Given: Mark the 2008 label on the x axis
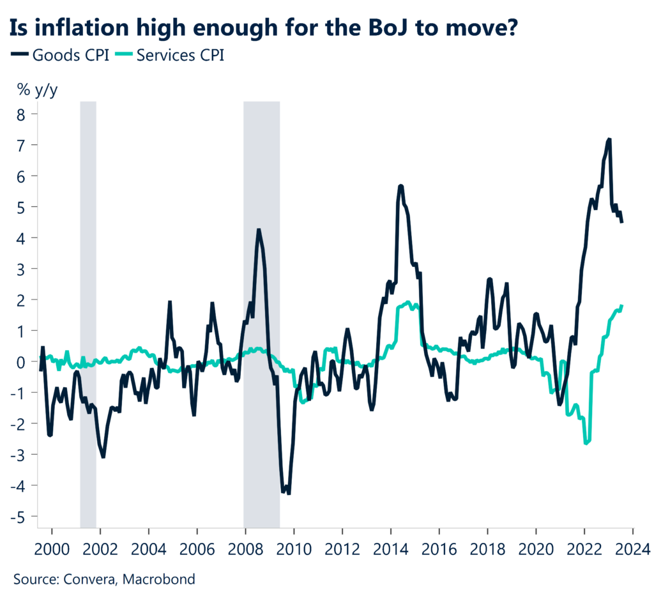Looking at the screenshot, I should [x=245, y=549].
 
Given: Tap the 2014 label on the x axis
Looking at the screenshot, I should [x=390, y=549].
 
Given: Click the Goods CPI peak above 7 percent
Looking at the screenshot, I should [x=609, y=139].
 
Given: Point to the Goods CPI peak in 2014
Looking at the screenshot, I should [x=400, y=186].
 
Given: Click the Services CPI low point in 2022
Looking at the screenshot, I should [x=586, y=443].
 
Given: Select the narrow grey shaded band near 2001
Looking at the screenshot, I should [x=88, y=255].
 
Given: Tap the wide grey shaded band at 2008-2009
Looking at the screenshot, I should [x=262, y=255].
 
